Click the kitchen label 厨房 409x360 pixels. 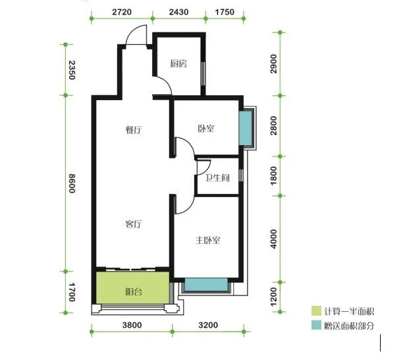pos(178,63)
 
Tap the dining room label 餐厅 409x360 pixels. pos(134,130)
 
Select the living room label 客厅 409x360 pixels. pos(134,224)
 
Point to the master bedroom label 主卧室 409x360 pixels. pos(208,240)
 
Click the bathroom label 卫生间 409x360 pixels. pos(217,178)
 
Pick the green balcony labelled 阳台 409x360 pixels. pos(133,288)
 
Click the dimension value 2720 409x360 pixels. pos(122,12)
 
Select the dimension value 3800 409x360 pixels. pos(132,325)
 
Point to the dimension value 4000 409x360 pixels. pos(273,239)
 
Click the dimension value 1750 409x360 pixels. pos(225,12)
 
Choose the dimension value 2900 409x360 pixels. pos(273,64)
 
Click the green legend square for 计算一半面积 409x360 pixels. pos(316,311)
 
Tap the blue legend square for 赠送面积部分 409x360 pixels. pos(316,325)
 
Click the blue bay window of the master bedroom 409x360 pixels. pos(206,284)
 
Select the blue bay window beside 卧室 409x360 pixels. pos(246,128)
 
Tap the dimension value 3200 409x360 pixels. pos(208,325)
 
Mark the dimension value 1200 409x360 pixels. pos(273,297)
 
